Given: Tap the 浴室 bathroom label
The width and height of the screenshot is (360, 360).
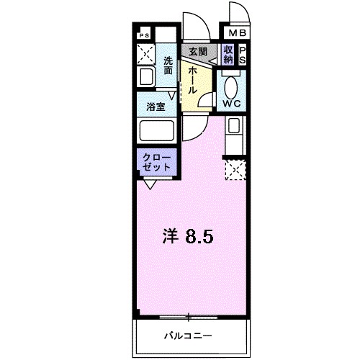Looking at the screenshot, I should (156, 107).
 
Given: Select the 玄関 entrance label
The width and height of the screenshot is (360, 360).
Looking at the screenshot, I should (198, 51).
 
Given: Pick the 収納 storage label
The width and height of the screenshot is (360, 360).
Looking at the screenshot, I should (228, 55).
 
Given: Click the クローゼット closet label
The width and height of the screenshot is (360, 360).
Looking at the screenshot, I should (156, 161).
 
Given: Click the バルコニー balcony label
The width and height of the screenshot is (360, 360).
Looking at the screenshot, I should (187, 336).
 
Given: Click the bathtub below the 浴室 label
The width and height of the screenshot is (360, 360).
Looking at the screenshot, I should (156, 131).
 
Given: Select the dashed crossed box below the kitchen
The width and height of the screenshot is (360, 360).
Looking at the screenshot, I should (235, 168).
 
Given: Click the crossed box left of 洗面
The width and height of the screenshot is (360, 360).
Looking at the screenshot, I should (146, 53).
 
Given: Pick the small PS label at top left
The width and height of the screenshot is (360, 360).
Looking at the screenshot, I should (144, 35).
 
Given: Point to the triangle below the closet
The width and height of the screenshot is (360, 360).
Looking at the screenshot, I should (150, 184).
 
